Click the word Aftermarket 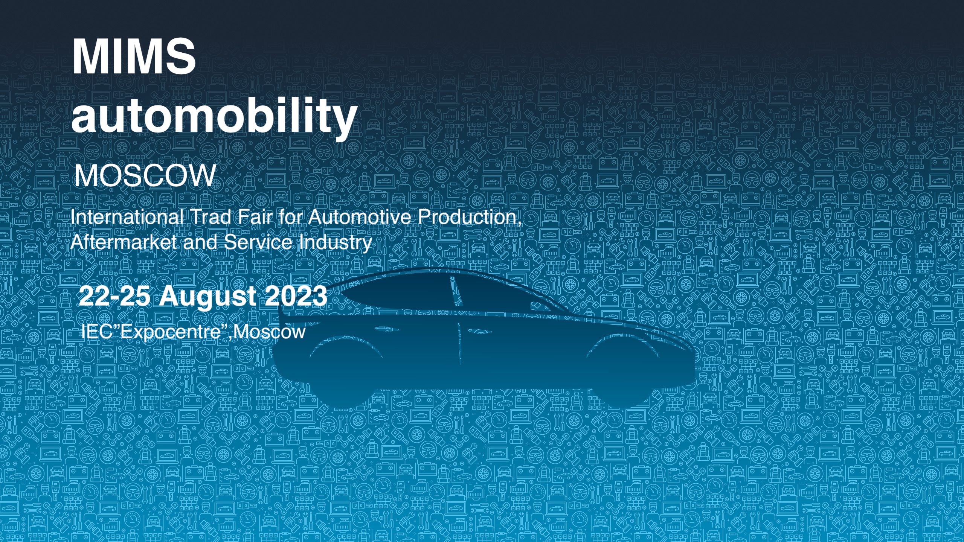point(124,242)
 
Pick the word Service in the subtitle point(258,242)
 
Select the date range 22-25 point(114,296)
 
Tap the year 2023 point(296,296)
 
